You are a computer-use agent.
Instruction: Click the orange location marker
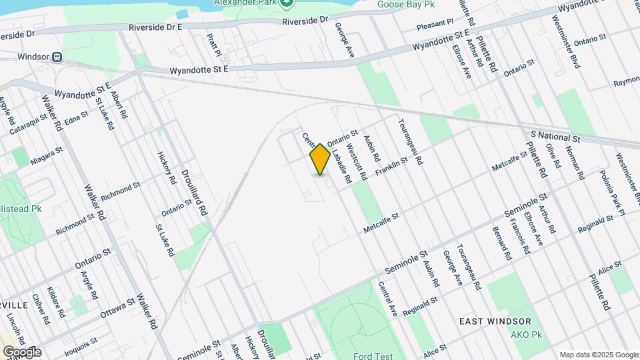point(320,159)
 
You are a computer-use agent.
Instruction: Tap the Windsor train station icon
point(58,57)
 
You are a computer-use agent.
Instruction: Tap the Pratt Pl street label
point(213,46)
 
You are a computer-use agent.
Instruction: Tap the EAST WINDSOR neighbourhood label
point(495,321)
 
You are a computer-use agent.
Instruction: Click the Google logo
point(22,351)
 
